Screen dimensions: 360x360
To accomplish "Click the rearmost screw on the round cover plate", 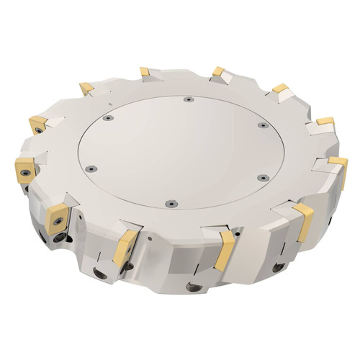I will [x=187, y=99].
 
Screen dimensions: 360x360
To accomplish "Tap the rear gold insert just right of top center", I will [x=219, y=73].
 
